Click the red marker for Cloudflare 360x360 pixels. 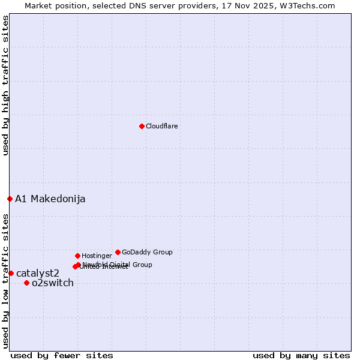(142, 126)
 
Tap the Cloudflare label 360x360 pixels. (162, 126)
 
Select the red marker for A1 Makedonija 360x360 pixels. (10, 199)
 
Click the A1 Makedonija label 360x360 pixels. (50, 199)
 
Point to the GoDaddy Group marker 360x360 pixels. (118, 252)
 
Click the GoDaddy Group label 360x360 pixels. (147, 252)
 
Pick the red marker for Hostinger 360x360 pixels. (77, 256)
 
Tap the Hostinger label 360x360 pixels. (97, 256)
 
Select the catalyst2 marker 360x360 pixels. (11, 273)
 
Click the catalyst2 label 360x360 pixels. (38, 274)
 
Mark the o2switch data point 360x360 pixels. (26, 283)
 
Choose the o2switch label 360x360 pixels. (53, 283)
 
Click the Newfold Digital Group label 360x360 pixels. (118, 265)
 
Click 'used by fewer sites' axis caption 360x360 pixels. (62, 355)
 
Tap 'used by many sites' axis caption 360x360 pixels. (301, 355)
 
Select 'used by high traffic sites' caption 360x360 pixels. (6, 85)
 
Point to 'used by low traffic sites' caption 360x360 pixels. (6, 280)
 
